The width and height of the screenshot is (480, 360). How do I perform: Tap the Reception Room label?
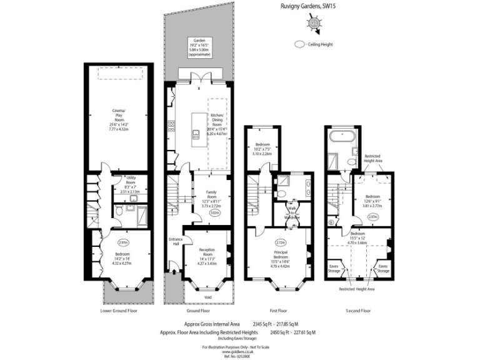pyautogui.click(x=206, y=256)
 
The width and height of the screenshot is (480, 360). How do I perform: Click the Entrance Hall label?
pyautogui.click(x=174, y=242)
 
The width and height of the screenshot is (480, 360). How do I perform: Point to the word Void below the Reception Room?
pyautogui.click(x=207, y=297)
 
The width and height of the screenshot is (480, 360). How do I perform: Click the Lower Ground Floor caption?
pyautogui.click(x=118, y=311)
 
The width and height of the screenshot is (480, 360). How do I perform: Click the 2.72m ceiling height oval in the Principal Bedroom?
pyautogui.click(x=280, y=242)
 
